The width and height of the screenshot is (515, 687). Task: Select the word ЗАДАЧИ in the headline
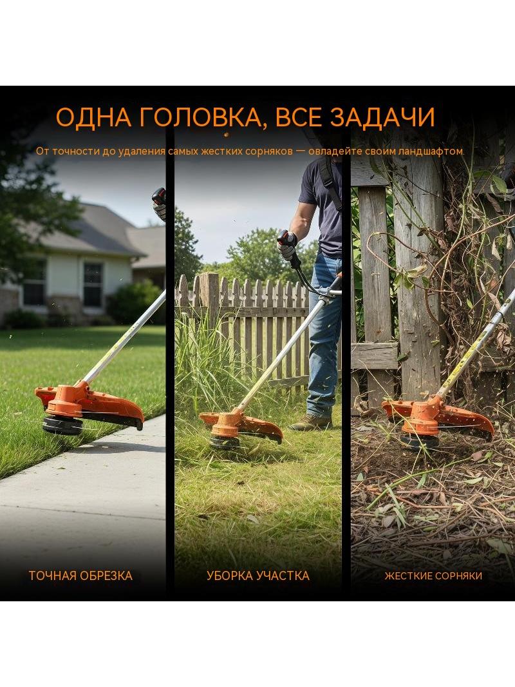point(382,117)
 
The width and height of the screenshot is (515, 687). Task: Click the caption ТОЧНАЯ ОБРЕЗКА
point(80,576)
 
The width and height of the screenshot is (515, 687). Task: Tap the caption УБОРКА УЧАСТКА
point(257,576)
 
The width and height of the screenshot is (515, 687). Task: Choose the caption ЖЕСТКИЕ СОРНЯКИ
point(433,576)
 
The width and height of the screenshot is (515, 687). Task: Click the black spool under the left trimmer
point(62,425)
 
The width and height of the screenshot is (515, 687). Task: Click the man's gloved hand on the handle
point(287,245)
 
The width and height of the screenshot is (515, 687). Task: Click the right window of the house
point(93,284)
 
